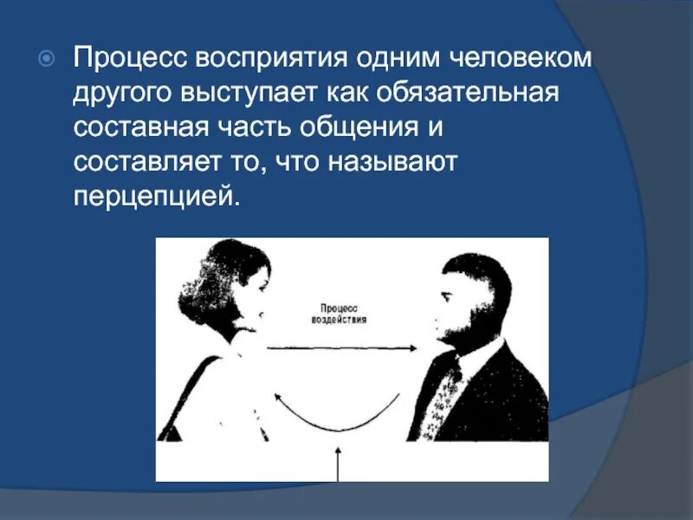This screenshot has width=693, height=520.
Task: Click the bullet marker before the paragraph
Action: (x=49, y=59)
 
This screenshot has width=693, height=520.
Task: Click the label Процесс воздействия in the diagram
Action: (x=339, y=313)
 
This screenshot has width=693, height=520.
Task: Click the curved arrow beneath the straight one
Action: (x=338, y=420)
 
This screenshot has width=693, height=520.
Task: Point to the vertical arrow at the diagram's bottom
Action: (x=339, y=464)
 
